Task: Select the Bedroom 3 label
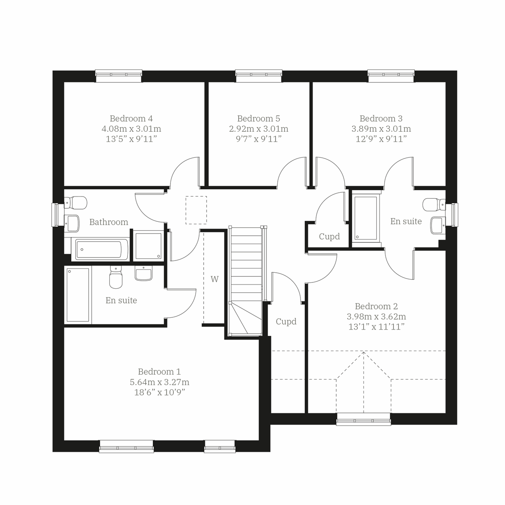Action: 381,119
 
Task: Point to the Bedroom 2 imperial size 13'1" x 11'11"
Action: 376,327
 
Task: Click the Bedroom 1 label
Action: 159,372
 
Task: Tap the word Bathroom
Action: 109,222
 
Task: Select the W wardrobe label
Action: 215,279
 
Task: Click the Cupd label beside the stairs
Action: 286,322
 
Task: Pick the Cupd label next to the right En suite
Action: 329,237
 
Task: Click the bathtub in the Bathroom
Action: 101,249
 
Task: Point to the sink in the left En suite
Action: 144,273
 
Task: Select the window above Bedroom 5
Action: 258,76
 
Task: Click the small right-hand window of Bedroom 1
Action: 219,447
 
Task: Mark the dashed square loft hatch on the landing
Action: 196,210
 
